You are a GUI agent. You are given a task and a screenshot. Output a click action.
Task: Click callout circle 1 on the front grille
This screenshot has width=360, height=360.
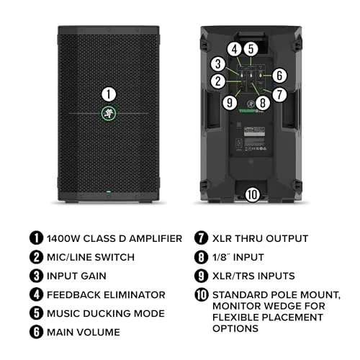(109, 94)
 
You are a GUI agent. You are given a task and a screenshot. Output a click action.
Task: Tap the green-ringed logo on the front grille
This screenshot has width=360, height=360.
(109, 113)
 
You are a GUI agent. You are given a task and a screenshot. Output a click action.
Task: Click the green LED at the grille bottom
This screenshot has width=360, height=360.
(109, 192)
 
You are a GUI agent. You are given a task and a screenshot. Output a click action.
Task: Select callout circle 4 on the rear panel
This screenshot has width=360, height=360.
(235, 49)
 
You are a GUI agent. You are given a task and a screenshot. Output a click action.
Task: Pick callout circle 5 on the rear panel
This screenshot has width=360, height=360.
(251, 49)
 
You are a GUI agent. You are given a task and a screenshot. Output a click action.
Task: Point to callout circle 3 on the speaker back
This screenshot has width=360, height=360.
(218, 64)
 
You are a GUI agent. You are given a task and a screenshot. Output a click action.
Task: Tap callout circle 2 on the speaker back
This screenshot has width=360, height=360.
(218, 81)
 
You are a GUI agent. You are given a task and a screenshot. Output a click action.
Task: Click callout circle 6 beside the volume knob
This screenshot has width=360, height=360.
(279, 76)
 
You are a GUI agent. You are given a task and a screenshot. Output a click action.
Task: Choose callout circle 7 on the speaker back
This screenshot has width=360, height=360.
(279, 94)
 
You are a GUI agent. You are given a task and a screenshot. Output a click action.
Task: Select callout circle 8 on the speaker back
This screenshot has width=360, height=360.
(263, 103)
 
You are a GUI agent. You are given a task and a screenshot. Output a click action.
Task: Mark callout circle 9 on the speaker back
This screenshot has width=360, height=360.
(230, 103)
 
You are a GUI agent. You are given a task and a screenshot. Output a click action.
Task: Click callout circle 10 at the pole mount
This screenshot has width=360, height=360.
(253, 194)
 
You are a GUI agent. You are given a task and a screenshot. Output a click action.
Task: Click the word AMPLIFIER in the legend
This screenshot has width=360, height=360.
(156, 239)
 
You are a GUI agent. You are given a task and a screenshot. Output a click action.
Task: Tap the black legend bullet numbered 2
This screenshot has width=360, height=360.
(36, 257)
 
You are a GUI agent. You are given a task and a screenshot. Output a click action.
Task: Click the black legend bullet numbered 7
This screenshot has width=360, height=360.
(201, 238)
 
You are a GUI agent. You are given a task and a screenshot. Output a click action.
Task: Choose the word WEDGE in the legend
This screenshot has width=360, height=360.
(283, 306)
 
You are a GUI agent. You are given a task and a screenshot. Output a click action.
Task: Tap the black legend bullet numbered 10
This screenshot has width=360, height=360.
(202, 294)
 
